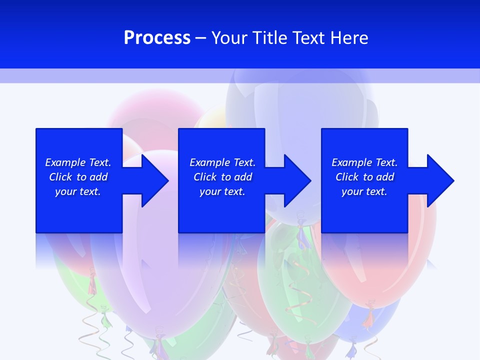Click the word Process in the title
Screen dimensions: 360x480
tap(157, 38)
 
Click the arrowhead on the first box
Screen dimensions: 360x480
tap(152, 180)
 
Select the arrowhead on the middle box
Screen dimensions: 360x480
tap(295, 180)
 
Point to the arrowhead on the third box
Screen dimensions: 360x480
tap(438, 180)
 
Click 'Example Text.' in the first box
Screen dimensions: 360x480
tap(78, 162)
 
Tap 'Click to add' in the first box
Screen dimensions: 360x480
tap(78, 177)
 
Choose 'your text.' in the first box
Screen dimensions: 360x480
tap(78, 191)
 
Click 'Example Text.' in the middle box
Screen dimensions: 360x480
tap(222, 162)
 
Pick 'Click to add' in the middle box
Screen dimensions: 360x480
tap(222, 177)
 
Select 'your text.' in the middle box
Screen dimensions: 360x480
tap(222, 191)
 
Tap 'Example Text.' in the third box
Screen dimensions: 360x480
tap(364, 162)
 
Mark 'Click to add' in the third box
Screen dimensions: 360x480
tap(364, 177)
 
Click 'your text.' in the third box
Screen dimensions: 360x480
tap(364, 191)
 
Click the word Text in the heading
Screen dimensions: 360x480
tap(308, 38)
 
